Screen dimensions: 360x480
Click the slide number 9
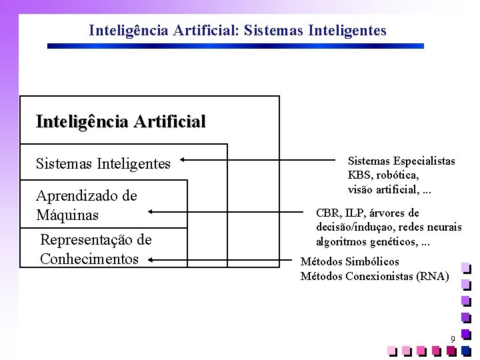(453, 340)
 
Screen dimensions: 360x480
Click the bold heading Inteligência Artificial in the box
(121, 121)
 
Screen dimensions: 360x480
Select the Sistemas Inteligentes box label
(103, 163)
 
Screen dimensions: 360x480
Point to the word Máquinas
(67, 215)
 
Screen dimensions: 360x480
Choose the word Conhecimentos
(89, 259)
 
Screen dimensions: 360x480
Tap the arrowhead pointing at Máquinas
(150, 211)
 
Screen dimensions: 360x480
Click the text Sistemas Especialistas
(401, 161)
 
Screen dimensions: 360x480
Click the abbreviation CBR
(327, 213)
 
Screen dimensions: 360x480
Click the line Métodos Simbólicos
(349, 262)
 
